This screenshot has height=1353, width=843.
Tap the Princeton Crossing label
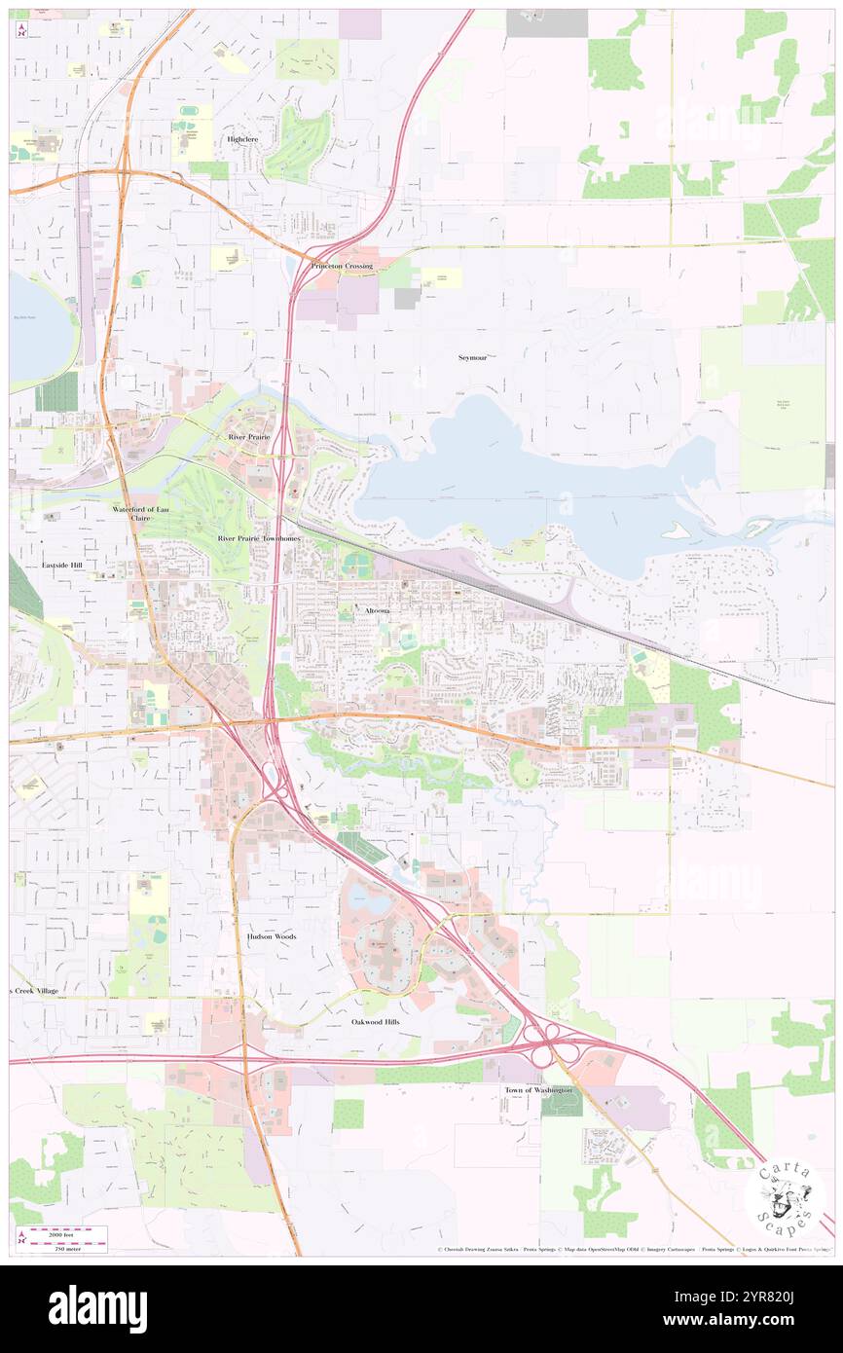point(342,266)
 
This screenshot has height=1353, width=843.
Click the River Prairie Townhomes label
point(259,537)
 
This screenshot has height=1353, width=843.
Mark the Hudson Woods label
point(271,936)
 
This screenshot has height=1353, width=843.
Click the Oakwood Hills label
point(376,1022)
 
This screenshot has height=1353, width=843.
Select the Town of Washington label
point(538,1090)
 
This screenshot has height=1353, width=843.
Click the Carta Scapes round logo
point(785,1198)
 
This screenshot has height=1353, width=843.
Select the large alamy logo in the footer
point(97,1309)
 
